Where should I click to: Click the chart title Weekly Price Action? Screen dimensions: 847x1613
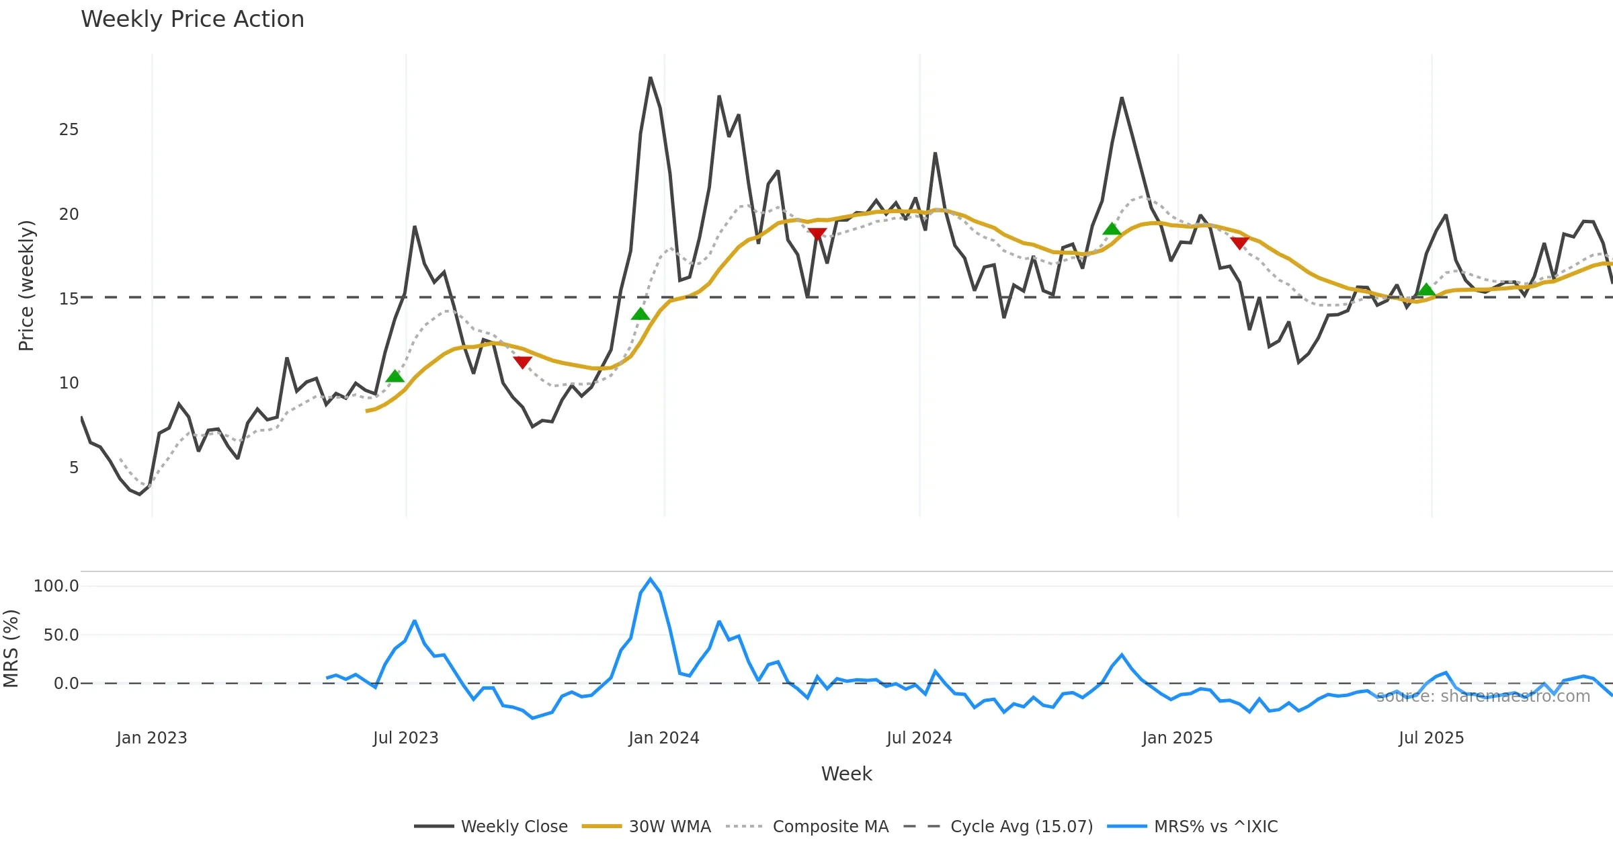click(x=192, y=19)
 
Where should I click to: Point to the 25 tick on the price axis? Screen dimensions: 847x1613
click(x=69, y=130)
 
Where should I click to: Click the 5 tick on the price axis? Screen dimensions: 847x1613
click(x=74, y=468)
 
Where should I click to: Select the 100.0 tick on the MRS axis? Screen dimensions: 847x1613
click(x=56, y=586)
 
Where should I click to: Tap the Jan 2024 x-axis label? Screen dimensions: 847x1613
click(x=664, y=738)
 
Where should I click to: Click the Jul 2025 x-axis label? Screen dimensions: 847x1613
click(x=1431, y=738)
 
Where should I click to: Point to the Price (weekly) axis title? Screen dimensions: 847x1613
click(x=26, y=286)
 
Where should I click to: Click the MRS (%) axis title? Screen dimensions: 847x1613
click(x=11, y=649)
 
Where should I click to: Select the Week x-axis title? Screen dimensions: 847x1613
click(x=846, y=774)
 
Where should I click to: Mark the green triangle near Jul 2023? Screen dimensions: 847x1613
click(x=395, y=376)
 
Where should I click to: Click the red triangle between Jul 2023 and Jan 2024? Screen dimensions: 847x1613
click(x=522, y=362)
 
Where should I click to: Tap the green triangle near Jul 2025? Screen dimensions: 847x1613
click(x=1426, y=290)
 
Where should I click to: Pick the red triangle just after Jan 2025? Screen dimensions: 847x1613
click(x=1239, y=243)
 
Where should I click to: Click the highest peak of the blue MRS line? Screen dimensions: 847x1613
click(x=650, y=579)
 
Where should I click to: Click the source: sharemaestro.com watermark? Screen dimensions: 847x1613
click(x=1483, y=696)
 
